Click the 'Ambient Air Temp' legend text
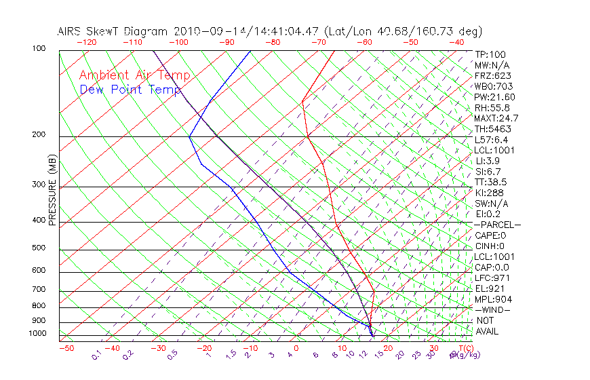coord(134,75)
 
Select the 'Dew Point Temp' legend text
coord(130,90)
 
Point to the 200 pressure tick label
coord(38,135)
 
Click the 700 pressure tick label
coord(38,290)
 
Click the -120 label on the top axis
coord(86,42)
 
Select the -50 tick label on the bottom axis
coord(66,349)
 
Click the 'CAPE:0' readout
coord(490,235)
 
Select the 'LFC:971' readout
coord(492,278)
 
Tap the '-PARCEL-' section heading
coord(497,225)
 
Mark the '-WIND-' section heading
coord(492,309)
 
